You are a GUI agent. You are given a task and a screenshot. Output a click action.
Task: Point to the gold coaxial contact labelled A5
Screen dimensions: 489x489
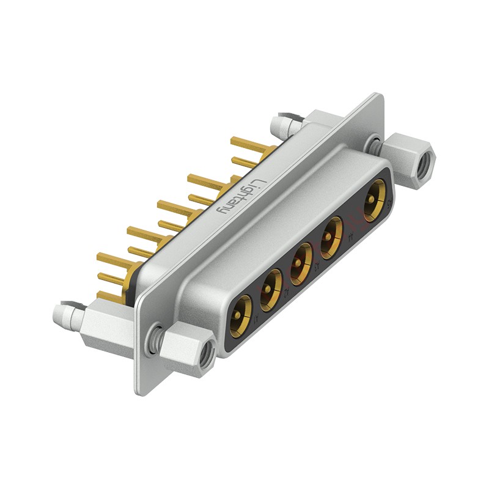[x=373, y=204]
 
